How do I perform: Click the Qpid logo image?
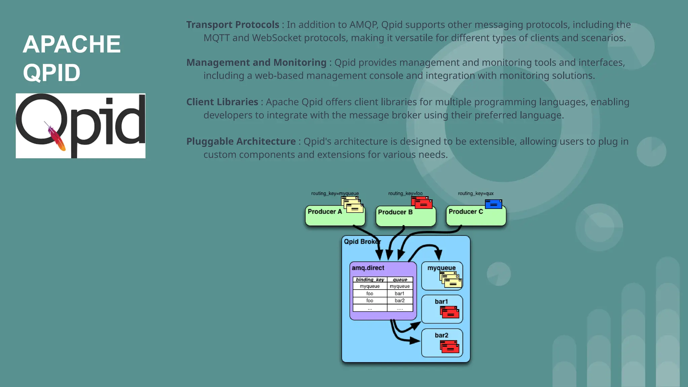click(81, 126)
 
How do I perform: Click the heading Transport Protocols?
click(232, 25)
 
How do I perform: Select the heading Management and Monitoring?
click(256, 63)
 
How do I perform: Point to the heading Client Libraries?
click(222, 102)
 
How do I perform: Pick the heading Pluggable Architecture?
click(241, 141)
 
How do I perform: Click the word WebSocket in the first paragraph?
click(277, 38)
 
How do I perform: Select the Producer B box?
click(405, 216)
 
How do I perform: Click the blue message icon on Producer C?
click(493, 204)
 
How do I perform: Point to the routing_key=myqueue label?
click(335, 193)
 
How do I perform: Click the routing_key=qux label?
click(476, 193)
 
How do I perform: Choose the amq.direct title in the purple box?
click(368, 268)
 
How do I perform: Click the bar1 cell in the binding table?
click(399, 294)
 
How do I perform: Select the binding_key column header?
click(370, 279)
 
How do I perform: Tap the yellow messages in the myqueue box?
click(450, 280)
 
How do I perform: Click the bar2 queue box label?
click(441, 335)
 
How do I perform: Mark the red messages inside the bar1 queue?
click(449, 312)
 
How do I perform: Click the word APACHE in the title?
click(72, 44)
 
